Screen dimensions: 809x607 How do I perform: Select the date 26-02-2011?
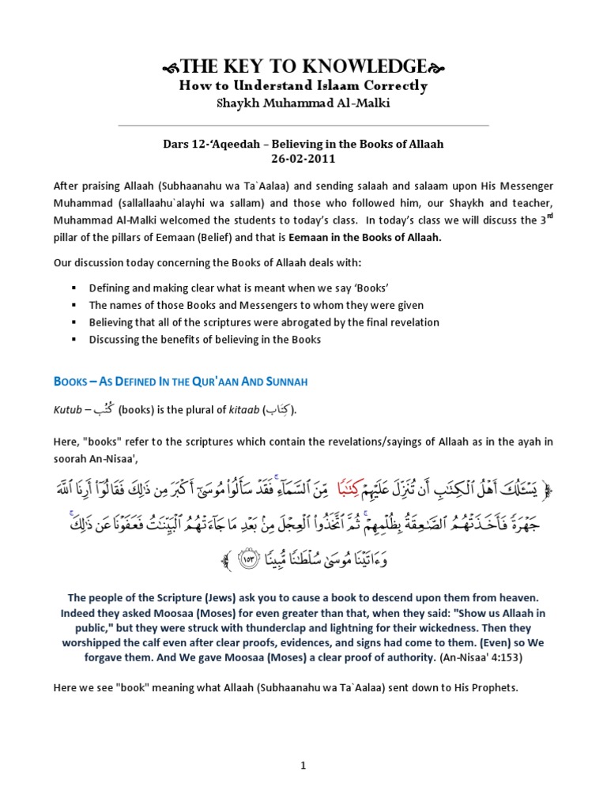(303, 158)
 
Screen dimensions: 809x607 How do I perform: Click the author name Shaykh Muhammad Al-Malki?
(303, 105)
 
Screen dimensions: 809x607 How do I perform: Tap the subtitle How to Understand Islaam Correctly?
(303, 86)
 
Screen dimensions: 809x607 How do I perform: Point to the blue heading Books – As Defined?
(180, 381)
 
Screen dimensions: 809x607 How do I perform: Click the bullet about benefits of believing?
(205, 341)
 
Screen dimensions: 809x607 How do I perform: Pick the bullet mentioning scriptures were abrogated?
(264, 323)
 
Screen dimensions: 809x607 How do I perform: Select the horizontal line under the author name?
(303, 125)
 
